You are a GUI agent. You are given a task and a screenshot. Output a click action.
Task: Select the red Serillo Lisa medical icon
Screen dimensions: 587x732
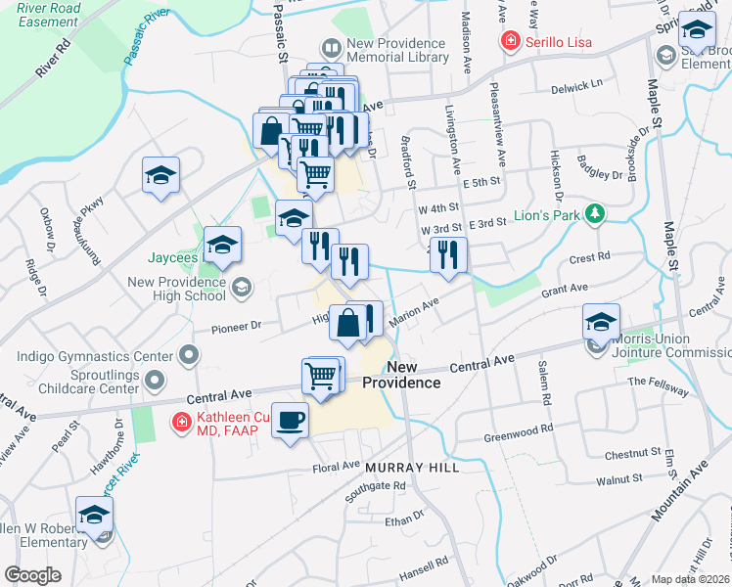509,41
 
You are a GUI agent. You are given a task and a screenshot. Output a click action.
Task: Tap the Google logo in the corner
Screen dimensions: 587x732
32,574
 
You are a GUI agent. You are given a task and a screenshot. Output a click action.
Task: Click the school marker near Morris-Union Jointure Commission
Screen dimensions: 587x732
601,322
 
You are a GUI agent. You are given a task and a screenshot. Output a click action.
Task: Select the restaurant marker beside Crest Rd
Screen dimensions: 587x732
448,255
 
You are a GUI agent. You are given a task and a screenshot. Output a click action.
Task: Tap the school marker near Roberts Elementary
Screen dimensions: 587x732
94,515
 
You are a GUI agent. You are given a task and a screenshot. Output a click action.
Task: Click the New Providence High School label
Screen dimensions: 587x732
177,289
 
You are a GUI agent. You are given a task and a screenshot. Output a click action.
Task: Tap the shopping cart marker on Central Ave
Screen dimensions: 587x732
320,375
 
